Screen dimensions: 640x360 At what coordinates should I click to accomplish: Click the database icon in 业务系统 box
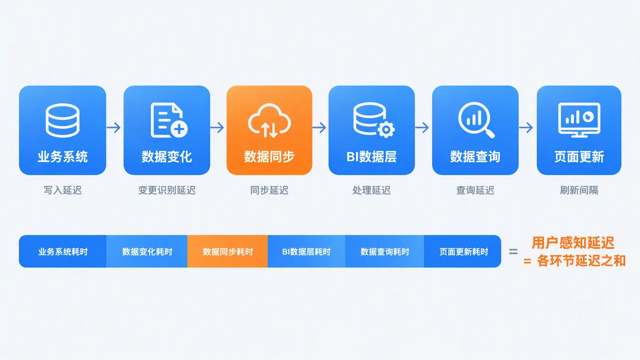62,121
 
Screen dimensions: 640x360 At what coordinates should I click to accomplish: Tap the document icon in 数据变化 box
169,120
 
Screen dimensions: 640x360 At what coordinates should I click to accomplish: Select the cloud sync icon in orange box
269,121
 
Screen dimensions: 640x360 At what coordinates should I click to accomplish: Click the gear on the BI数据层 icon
386,130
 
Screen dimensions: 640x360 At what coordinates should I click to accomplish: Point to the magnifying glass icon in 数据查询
476,120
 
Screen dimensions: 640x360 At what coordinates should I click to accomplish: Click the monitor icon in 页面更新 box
579,120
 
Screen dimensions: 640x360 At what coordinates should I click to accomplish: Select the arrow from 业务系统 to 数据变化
114,127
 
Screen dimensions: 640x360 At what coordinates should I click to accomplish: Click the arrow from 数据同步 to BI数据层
320,127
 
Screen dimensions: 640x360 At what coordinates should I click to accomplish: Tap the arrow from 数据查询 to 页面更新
526,127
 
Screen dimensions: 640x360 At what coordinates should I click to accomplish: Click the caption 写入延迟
63,190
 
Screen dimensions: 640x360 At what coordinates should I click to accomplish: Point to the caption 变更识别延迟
167,190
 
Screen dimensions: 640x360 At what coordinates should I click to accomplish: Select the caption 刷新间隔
579,190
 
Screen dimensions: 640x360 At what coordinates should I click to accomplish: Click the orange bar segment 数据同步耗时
228,251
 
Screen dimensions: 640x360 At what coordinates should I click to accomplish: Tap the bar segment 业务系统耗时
63,251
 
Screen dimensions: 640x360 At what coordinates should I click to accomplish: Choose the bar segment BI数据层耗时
306,251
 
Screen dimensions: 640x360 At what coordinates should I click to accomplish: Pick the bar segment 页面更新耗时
463,251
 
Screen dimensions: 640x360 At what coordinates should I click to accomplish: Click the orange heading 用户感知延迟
573,243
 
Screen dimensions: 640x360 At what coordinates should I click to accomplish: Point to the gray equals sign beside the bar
513,252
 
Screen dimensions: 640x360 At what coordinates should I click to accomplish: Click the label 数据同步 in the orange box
269,156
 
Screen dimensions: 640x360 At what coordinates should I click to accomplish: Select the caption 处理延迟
371,190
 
